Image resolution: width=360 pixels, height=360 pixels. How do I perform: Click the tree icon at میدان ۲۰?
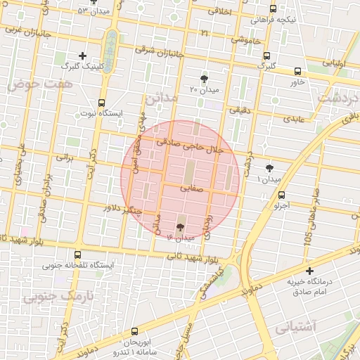click(x=204, y=79)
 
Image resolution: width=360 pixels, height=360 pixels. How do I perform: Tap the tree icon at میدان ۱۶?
click(x=181, y=227)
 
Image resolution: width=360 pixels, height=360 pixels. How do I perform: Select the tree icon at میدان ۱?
click(x=270, y=167)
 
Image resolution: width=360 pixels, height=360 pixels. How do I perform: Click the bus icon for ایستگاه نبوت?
click(x=102, y=103)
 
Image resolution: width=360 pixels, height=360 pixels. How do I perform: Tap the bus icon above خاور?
click(x=297, y=71)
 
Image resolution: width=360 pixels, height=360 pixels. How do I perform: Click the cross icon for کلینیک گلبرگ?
click(x=83, y=55)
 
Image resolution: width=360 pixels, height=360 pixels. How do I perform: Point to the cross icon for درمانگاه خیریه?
click(x=309, y=271)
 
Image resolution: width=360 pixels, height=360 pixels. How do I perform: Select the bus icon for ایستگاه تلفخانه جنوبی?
click(x=77, y=255)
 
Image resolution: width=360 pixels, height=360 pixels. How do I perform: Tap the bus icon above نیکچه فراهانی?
click(x=274, y=8)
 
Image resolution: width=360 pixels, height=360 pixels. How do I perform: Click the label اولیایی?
click(x=334, y=63)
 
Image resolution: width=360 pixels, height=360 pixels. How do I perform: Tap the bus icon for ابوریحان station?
click(x=135, y=331)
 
